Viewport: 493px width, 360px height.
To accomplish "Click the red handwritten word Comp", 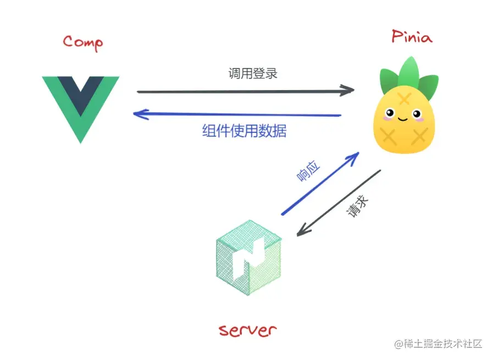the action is [x=82, y=43].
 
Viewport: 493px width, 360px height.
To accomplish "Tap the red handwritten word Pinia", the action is [x=412, y=36].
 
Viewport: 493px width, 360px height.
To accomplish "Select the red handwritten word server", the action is [x=247, y=330].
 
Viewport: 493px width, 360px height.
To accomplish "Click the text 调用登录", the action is [x=253, y=73].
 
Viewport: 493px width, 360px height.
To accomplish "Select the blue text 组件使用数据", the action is [x=244, y=131].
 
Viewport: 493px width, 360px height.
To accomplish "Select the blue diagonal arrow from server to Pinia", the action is [x=320, y=184].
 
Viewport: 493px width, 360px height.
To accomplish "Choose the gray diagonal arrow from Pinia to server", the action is [x=339, y=203].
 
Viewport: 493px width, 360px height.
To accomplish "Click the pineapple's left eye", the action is [x=390, y=113].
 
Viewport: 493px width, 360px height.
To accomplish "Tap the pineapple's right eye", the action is [x=417, y=114].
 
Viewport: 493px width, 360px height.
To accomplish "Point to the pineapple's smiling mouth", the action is [x=403, y=119].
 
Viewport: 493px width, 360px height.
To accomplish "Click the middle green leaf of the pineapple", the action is [x=409, y=71].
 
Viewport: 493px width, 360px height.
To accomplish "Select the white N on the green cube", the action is [x=249, y=258].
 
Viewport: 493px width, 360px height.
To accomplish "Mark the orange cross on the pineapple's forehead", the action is [x=404, y=98].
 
